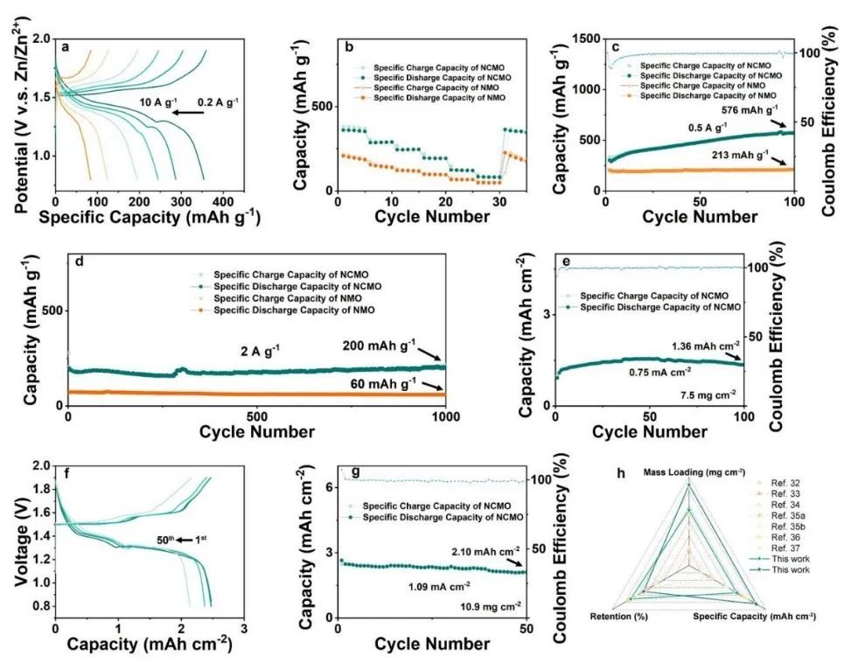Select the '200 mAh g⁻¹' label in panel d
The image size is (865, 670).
tap(392, 343)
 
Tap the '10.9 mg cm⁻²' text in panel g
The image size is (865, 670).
tap(491, 604)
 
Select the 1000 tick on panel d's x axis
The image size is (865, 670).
tap(446, 415)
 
